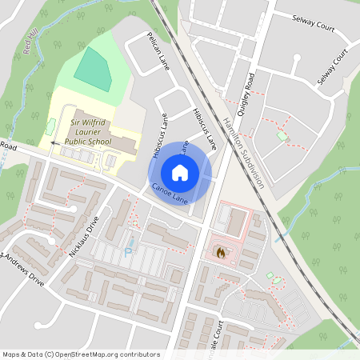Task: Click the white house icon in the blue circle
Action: click(x=180, y=172)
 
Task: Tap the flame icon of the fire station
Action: click(x=221, y=251)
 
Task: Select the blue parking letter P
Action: click(x=128, y=250)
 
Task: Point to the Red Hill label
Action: click(x=31, y=43)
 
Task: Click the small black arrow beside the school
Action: click(x=52, y=142)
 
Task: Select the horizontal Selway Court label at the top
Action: click(x=313, y=26)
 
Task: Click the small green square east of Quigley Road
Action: click(x=281, y=137)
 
